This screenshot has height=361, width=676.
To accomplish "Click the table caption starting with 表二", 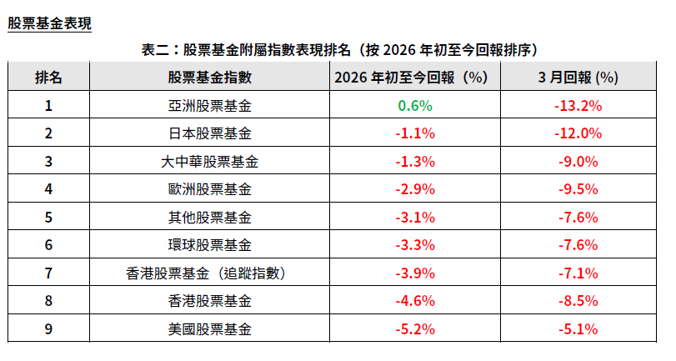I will tap(338, 49).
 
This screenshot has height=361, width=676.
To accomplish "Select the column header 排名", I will tap(48, 78).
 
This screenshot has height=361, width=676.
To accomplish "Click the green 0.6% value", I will tap(416, 106).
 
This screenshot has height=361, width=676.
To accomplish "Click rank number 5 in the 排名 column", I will tap(48, 218).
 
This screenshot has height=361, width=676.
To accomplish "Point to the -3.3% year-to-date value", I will tap(416, 245).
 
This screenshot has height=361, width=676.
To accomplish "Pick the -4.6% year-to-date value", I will tap(416, 301).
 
